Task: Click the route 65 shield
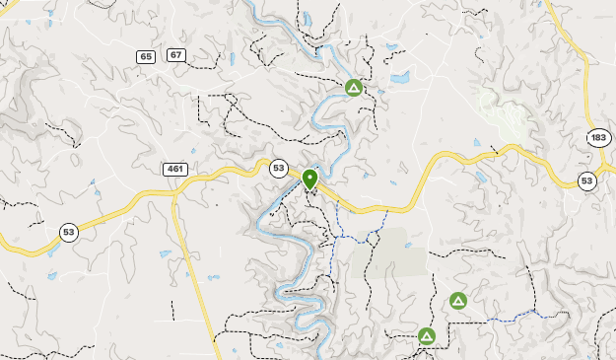(146, 56)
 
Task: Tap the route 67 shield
(175, 54)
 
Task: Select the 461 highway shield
(175, 169)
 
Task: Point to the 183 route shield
(597, 138)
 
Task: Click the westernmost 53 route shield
(67, 233)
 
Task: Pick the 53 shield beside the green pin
(279, 168)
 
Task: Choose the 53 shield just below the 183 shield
(586, 180)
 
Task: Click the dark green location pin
(309, 179)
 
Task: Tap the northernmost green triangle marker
(353, 88)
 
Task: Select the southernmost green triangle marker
(427, 336)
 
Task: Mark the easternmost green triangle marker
(457, 300)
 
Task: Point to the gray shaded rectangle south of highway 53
(401, 251)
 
